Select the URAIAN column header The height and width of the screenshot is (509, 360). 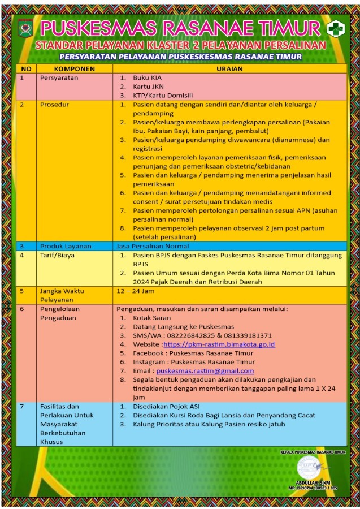click(229, 68)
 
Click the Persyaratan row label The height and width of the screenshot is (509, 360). click(59, 77)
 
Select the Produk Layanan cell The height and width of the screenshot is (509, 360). click(65, 246)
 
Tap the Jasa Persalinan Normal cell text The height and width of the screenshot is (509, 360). click(152, 246)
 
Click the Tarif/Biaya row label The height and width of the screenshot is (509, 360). click(57, 255)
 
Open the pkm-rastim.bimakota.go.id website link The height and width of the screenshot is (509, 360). click(219, 344)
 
